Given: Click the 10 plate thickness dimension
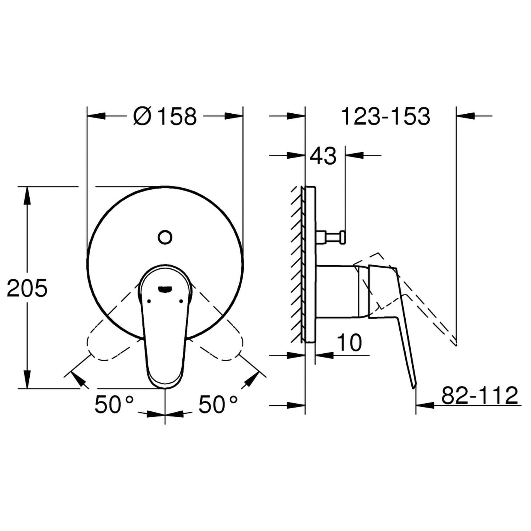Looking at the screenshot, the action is click(349, 342).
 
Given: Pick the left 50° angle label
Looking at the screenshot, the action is click(114, 404).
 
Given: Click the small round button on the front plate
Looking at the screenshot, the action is click(165, 237).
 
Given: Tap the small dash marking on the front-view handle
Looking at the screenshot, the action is click(165, 289).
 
